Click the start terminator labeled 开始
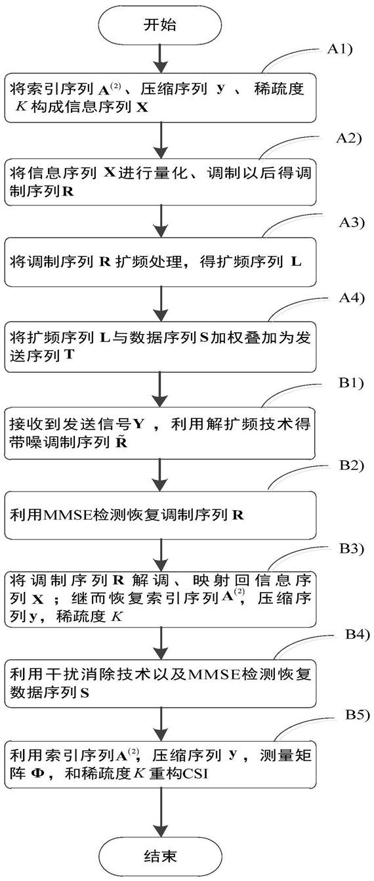tap(159, 25)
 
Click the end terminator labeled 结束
tap(159, 855)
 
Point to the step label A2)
tap(349, 138)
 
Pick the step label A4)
tap(352, 298)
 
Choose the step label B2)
tap(351, 465)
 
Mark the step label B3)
tap(352, 548)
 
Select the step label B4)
tap(358, 634)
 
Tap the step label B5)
tap(358, 714)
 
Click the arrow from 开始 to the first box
tap(159, 58)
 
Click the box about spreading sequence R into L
tap(160, 262)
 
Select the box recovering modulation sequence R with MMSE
tap(160, 515)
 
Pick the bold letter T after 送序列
tap(69, 355)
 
